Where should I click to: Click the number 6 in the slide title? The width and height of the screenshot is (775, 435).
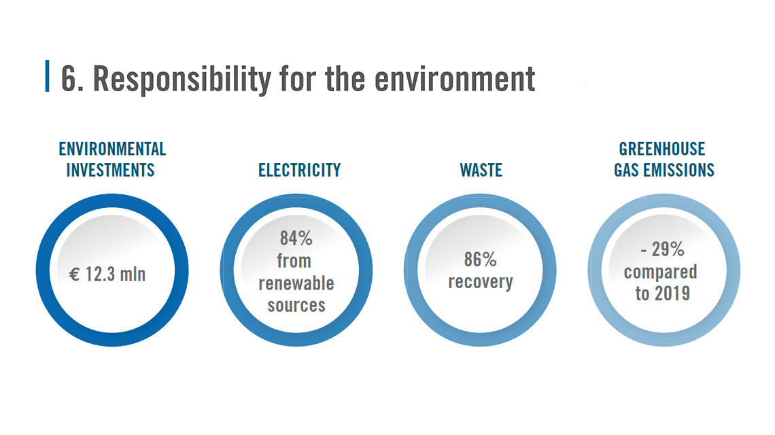(x=69, y=79)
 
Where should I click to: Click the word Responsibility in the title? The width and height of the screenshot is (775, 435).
(x=182, y=79)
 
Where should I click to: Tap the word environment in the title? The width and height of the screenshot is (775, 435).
(x=455, y=79)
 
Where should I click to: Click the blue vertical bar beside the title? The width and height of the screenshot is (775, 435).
(x=47, y=75)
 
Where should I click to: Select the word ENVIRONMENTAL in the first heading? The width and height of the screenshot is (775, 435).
(x=112, y=149)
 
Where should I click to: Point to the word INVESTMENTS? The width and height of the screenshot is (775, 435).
(x=110, y=170)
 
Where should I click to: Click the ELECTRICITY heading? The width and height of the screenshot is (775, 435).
(x=300, y=170)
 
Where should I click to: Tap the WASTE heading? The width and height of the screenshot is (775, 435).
(x=481, y=170)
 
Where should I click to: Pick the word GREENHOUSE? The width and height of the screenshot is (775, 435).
(x=662, y=149)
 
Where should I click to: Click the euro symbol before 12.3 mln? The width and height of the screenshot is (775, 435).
(x=74, y=275)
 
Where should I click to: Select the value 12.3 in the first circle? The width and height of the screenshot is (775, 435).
(x=101, y=274)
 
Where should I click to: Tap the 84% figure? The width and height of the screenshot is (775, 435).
(x=296, y=239)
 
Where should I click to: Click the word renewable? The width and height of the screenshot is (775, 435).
(x=296, y=283)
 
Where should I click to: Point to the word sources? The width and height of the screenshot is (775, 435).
(x=296, y=305)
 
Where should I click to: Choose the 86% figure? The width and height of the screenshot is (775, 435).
(x=480, y=259)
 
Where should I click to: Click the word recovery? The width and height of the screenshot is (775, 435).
(x=481, y=282)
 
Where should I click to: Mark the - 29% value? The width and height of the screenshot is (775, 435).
(x=662, y=249)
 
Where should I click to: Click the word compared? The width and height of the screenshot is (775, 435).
(x=660, y=272)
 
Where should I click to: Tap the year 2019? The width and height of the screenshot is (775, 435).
(x=672, y=294)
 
